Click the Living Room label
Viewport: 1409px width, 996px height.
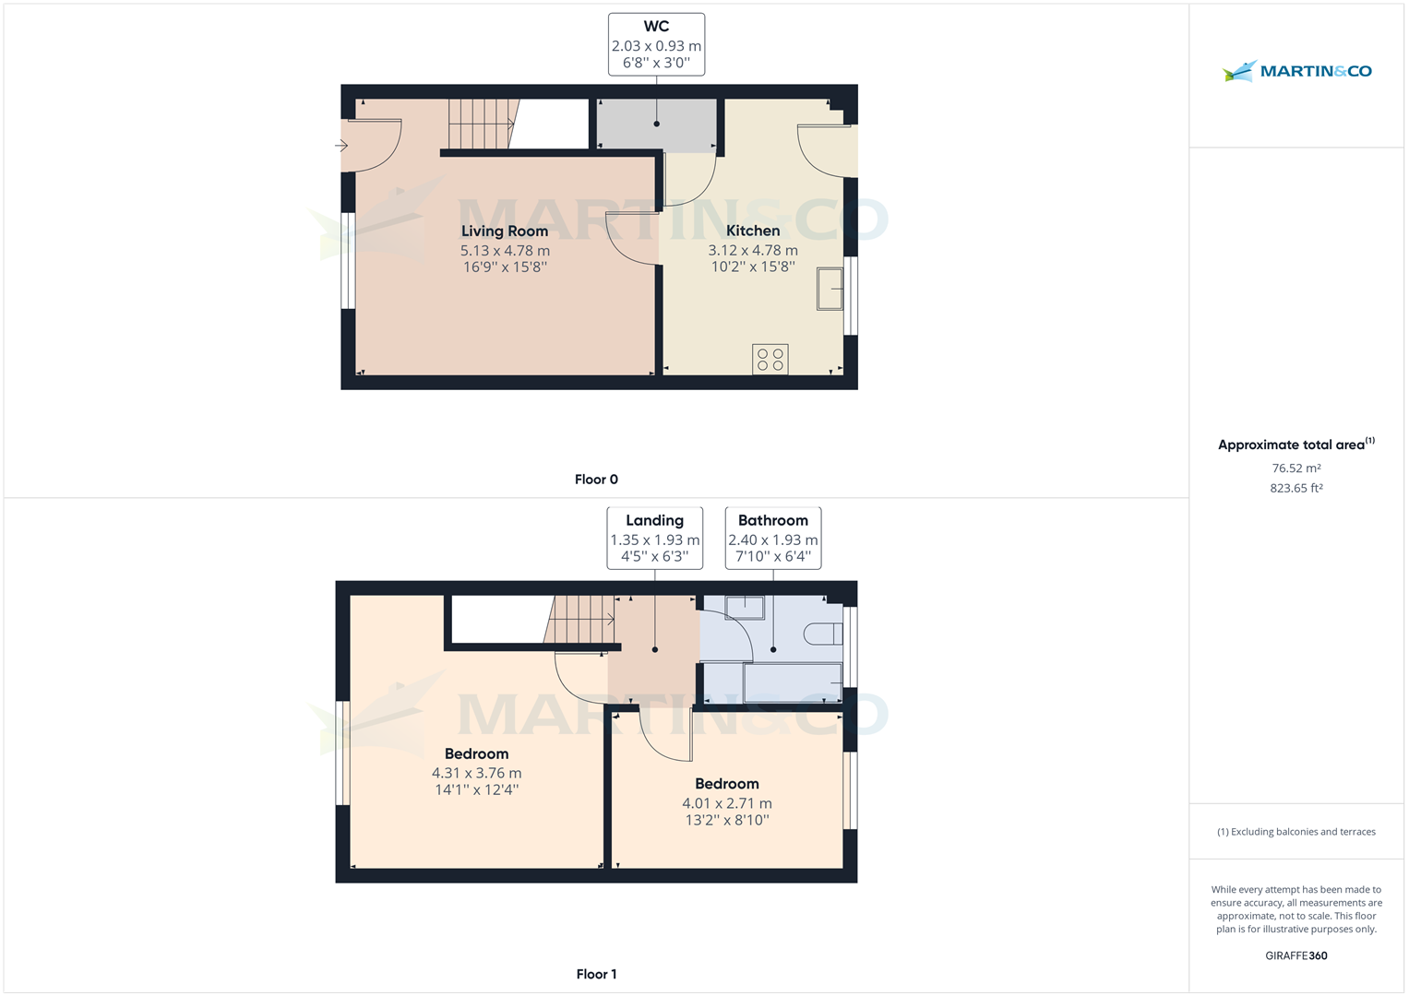coord(505,231)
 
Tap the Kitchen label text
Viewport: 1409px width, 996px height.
coord(753,231)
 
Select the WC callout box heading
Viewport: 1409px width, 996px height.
coord(656,27)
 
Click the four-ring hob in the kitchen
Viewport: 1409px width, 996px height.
coord(770,360)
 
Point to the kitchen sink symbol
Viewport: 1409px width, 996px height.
coord(830,289)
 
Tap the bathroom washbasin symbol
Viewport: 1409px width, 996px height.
coord(745,608)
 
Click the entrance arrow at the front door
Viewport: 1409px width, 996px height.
coord(341,146)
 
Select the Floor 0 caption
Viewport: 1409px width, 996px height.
coord(596,480)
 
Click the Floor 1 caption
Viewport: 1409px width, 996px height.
coord(596,974)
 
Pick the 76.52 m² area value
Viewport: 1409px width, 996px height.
coord(1296,468)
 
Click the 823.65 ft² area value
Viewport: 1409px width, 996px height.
coord(1296,488)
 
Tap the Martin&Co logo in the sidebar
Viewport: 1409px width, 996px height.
coord(1296,71)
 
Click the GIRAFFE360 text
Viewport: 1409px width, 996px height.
coord(1296,955)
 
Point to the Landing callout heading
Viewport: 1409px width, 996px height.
coord(655,521)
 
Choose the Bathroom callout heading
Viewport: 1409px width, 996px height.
coord(773,521)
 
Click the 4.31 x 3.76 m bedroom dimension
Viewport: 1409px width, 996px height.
coord(477,773)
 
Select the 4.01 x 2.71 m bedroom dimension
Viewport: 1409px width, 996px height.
coord(727,803)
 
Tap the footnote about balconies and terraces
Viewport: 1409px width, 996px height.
coord(1296,832)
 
